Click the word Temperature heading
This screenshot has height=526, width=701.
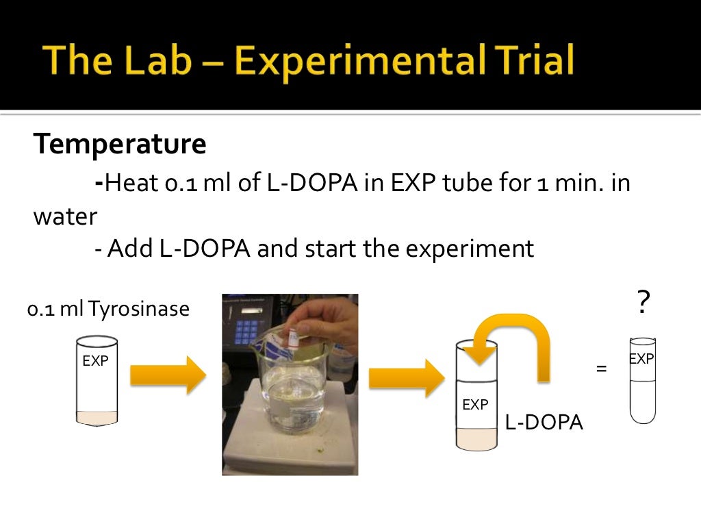click(120, 145)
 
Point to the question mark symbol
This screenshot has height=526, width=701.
click(641, 302)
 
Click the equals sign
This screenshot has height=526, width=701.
click(601, 368)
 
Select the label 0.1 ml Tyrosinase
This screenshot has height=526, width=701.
click(108, 309)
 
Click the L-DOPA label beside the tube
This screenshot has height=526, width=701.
click(544, 423)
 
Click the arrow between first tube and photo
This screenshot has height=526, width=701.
click(167, 375)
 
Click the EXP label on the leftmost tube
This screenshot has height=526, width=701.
click(95, 361)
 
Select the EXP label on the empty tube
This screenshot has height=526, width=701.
click(641, 359)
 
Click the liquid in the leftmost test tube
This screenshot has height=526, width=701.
click(97, 417)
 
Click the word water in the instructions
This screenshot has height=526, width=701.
click(65, 216)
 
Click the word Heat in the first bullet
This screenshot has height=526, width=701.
click(133, 184)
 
